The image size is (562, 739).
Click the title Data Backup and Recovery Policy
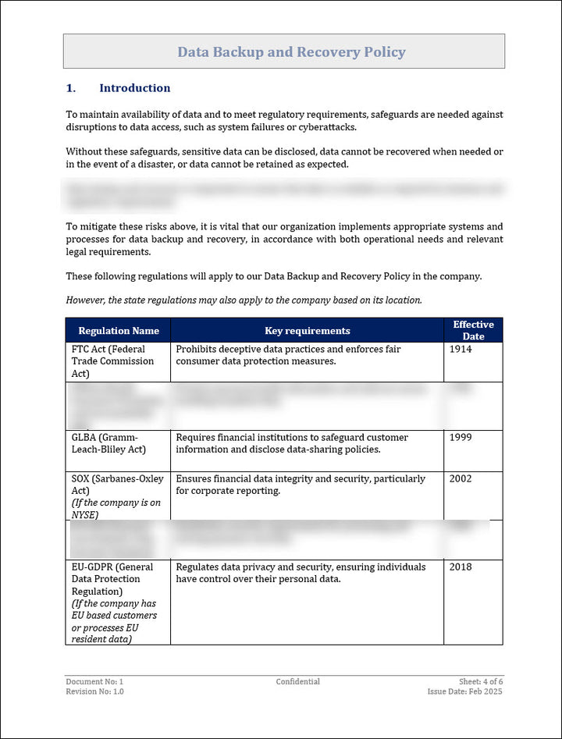pos(291,52)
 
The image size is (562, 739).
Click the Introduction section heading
pos(134,88)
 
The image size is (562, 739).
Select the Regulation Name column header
pos(118,331)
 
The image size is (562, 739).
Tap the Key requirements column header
pos(308,331)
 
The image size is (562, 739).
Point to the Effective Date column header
pos(473,330)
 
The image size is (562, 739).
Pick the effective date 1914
pos(461,350)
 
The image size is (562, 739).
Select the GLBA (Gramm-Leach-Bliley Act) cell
pos(109,443)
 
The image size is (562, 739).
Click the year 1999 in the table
pos(461,438)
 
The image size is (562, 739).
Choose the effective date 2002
pos(461,479)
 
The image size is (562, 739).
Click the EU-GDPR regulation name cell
pos(113,603)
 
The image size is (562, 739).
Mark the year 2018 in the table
pos(461,567)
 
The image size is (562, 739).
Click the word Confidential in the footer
pos(297,682)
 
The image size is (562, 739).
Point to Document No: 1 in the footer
pos(94,682)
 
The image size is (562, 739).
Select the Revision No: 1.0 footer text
pos(94,692)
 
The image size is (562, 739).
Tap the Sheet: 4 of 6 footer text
pos(481,682)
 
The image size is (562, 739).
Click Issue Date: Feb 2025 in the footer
pos(465,692)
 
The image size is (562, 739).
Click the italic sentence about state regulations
pos(244,300)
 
